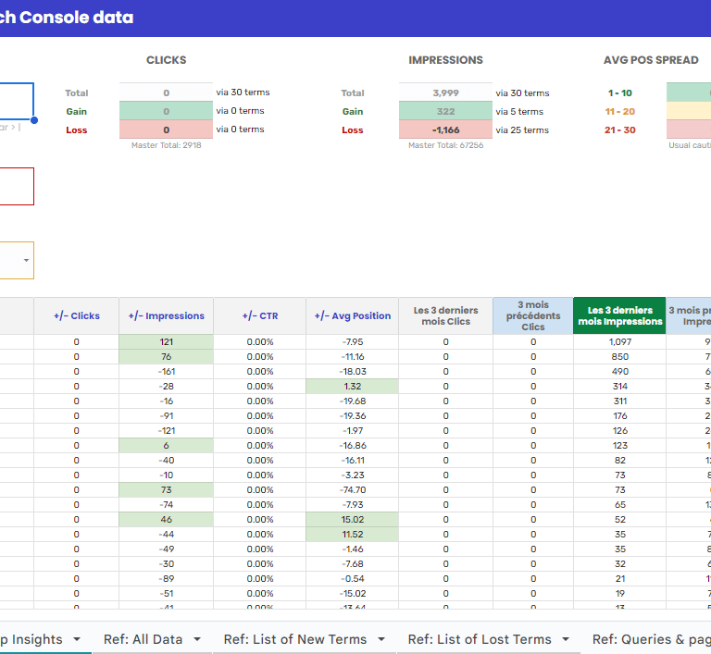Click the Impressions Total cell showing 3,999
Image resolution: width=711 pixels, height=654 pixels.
(445, 93)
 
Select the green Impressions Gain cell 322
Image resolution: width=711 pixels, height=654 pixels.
(445, 111)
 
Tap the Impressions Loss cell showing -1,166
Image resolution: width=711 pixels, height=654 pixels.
(445, 130)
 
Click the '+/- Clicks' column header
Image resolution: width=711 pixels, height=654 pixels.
(77, 315)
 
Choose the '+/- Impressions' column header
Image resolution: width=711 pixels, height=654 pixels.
(167, 315)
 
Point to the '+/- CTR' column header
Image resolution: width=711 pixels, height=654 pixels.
(260, 315)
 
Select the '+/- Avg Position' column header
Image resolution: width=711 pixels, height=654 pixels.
(353, 315)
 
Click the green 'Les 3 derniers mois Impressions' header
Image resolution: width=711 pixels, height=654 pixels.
(620, 315)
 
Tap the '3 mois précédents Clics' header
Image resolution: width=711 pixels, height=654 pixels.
(533, 315)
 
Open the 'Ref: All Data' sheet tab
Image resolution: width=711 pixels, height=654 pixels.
(143, 639)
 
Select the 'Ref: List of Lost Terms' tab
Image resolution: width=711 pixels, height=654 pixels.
(480, 639)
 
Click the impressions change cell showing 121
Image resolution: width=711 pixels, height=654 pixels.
(167, 342)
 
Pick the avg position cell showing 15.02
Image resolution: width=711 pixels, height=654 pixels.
(353, 520)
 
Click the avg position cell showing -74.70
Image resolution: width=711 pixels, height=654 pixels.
(353, 490)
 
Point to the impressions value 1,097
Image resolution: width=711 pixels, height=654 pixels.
(620, 342)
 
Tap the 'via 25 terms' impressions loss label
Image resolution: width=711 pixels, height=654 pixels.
(522, 130)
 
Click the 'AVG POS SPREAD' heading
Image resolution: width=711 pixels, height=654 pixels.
(651, 60)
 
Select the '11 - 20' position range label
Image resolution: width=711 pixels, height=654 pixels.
(620, 111)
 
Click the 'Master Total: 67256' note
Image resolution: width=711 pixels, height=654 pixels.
(445, 145)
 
